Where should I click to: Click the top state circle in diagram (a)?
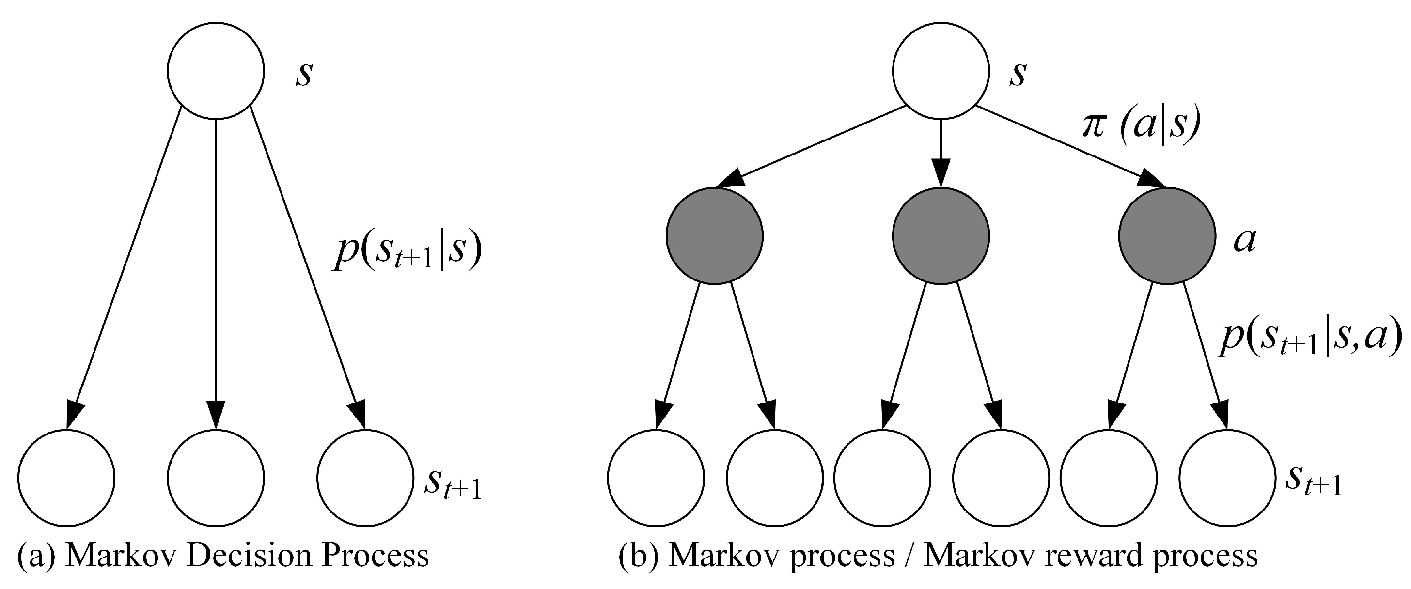pyautogui.click(x=216, y=71)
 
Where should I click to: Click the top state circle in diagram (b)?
pyautogui.click(x=941, y=71)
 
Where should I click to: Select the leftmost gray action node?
pyautogui.click(x=714, y=236)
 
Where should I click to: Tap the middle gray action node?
pyautogui.click(x=941, y=236)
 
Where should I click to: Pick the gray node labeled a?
pyautogui.click(x=1167, y=236)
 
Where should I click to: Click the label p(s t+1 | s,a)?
pyautogui.click(x=1309, y=341)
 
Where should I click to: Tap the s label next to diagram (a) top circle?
pyautogui.click(x=304, y=75)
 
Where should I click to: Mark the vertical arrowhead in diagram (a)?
pyautogui.click(x=216, y=415)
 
